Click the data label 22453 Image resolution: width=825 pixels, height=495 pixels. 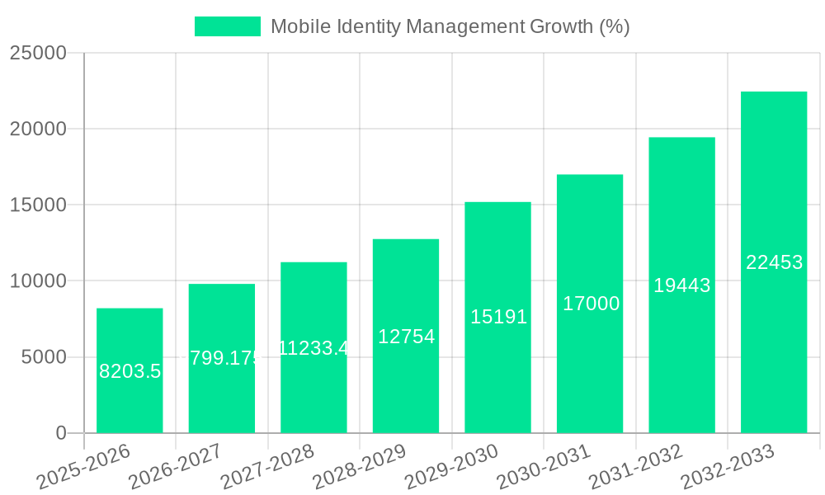(774, 262)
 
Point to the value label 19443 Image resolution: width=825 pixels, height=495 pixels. (681, 285)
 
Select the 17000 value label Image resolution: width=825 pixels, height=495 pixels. (591, 304)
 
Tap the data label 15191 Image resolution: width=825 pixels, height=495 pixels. (498, 317)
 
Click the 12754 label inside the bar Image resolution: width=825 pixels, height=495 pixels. (406, 337)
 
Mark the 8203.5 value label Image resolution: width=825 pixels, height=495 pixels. (130, 371)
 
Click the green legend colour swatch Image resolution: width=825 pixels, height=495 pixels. (227, 26)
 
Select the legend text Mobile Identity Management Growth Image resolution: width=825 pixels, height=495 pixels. (450, 26)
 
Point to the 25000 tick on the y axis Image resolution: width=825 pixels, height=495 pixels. (38, 53)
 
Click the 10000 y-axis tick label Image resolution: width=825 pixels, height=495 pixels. (38, 281)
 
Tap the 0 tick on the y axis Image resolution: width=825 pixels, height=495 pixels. (60, 433)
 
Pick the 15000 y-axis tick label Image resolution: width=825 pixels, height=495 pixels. (38, 205)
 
